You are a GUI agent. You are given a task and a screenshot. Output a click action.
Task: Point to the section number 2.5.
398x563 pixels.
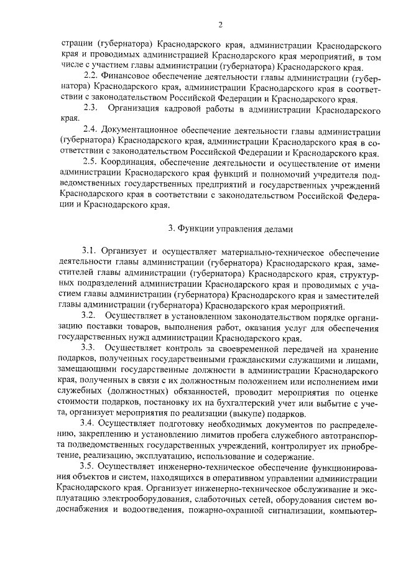[90, 162]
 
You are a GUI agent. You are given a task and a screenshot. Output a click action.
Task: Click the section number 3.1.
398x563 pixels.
[90, 251]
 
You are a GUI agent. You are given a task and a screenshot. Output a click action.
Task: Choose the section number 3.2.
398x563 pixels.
[90, 315]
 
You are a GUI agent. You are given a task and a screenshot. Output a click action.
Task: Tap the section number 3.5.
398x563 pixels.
[90, 466]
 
